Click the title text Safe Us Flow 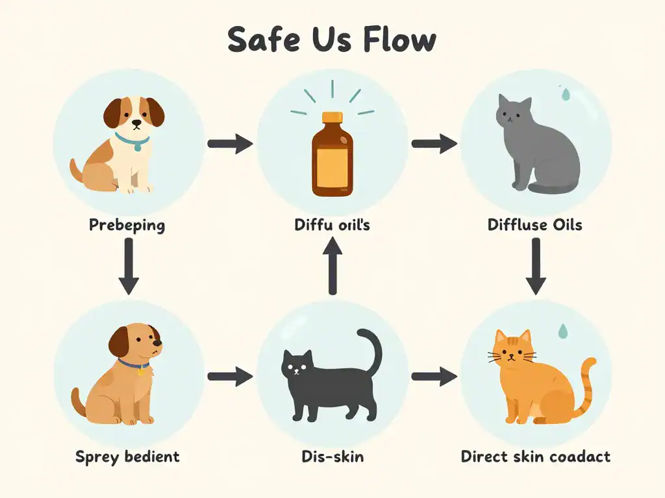pyautogui.click(x=332, y=40)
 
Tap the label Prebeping pyautogui.click(x=127, y=226)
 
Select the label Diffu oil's pyautogui.click(x=331, y=226)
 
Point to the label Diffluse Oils pyautogui.click(x=534, y=226)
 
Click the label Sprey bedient pyautogui.click(x=127, y=456)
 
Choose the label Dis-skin pyautogui.click(x=332, y=456)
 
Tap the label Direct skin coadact pyautogui.click(x=536, y=456)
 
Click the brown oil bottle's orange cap pyautogui.click(x=332, y=119)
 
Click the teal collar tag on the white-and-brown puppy pyautogui.click(x=136, y=147)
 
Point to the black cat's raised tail pyautogui.click(x=374, y=350)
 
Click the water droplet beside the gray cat pyautogui.click(x=565, y=95)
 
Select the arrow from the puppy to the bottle pyautogui.click(x=230, y=143)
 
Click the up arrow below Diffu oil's pyautogui.click(x=332, y=266)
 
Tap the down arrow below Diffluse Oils pyautogui.click(x=536, y=266)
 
